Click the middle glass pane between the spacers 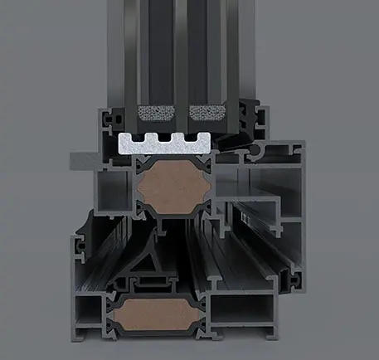click(177, 58)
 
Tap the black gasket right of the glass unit click(246, 116)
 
